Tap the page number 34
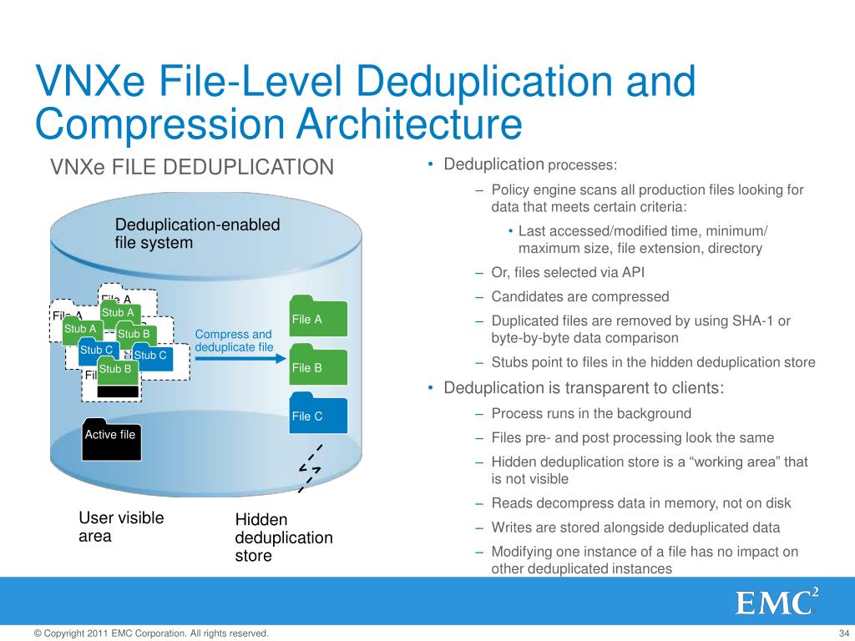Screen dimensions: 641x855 point(841,633)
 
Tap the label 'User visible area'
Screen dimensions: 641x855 point(121,527)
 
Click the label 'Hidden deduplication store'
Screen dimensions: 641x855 point(284,538)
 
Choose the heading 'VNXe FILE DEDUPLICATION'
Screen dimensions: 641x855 point(192,168)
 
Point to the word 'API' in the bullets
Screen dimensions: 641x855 point(633,272)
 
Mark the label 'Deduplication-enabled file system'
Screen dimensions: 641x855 point(197,234)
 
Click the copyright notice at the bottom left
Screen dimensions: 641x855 point(151,633)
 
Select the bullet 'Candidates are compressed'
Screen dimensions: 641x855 point(580,296)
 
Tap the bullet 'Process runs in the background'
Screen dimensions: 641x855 point(591,413)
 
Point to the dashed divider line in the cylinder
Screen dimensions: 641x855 point(310,468)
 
